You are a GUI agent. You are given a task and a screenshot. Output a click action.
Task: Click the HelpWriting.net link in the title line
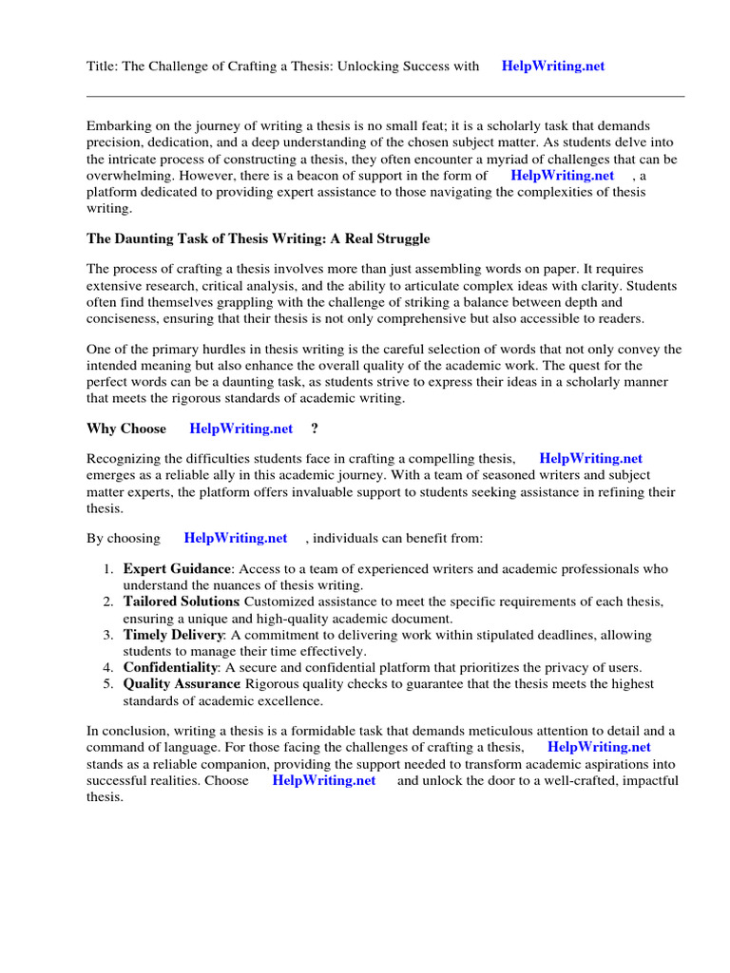[x=552, y=67]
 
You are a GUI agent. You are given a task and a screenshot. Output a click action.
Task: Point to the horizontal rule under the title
[x=385, y=96]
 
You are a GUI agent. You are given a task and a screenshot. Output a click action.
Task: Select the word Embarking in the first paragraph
[x=118, y=125]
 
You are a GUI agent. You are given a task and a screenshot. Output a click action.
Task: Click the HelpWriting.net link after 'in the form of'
[x=562, y=176]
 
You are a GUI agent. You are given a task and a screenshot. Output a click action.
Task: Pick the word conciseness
[x=123, y=319]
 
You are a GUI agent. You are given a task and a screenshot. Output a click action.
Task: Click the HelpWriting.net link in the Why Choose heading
[x=241, y=429]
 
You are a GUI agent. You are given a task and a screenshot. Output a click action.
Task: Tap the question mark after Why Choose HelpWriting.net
[x=315, y=429]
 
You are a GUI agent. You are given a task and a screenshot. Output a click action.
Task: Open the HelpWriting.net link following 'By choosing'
[x=236, y=538]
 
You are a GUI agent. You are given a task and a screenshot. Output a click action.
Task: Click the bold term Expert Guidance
[x=178, y=569]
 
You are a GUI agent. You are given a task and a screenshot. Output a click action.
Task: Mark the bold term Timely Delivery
[x=173, y=635]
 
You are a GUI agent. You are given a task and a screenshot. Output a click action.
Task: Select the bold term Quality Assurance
[x=181, y=684]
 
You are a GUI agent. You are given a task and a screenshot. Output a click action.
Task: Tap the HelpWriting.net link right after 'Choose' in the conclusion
[x=323, y=780]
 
